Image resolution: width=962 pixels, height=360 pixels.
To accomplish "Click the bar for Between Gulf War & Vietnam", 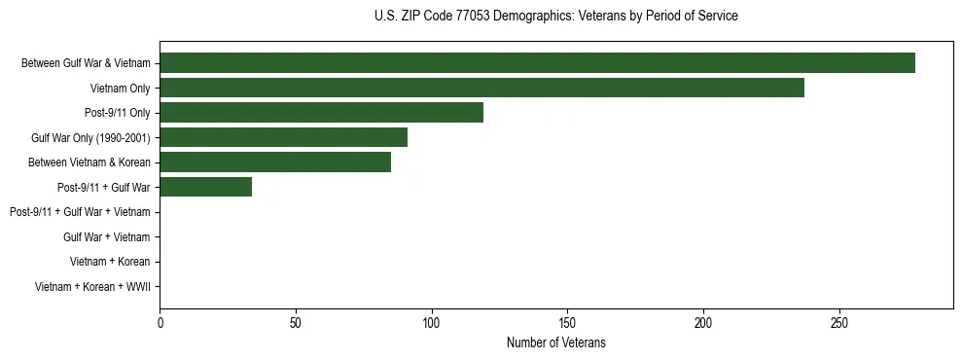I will (537, 63).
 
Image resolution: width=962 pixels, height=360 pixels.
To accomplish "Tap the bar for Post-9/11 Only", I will (321, 113).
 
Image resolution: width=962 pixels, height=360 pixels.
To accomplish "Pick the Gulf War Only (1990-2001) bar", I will (283, 137).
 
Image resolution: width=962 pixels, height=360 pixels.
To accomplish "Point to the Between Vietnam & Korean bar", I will (275, 162).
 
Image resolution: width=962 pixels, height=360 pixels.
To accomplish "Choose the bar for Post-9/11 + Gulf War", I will (205, 187).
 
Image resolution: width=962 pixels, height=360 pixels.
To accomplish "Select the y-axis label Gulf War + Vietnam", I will (106, 237).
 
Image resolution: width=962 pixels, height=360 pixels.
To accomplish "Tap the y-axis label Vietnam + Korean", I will (110, 262).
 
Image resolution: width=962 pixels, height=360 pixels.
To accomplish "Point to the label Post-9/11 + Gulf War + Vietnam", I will (80, 212).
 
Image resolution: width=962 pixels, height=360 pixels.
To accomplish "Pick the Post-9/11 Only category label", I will (117, 113).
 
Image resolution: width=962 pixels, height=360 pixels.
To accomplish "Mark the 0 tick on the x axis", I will (160, 322).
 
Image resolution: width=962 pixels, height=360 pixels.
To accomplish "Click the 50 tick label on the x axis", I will (296, 322).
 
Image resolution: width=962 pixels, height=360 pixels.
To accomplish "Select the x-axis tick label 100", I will (432, 322).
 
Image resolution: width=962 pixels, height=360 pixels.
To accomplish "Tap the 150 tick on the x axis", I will (568, 322).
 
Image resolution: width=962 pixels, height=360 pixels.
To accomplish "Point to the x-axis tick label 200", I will (703, 322).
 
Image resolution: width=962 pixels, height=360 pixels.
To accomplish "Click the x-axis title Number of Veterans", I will (555, 342).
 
